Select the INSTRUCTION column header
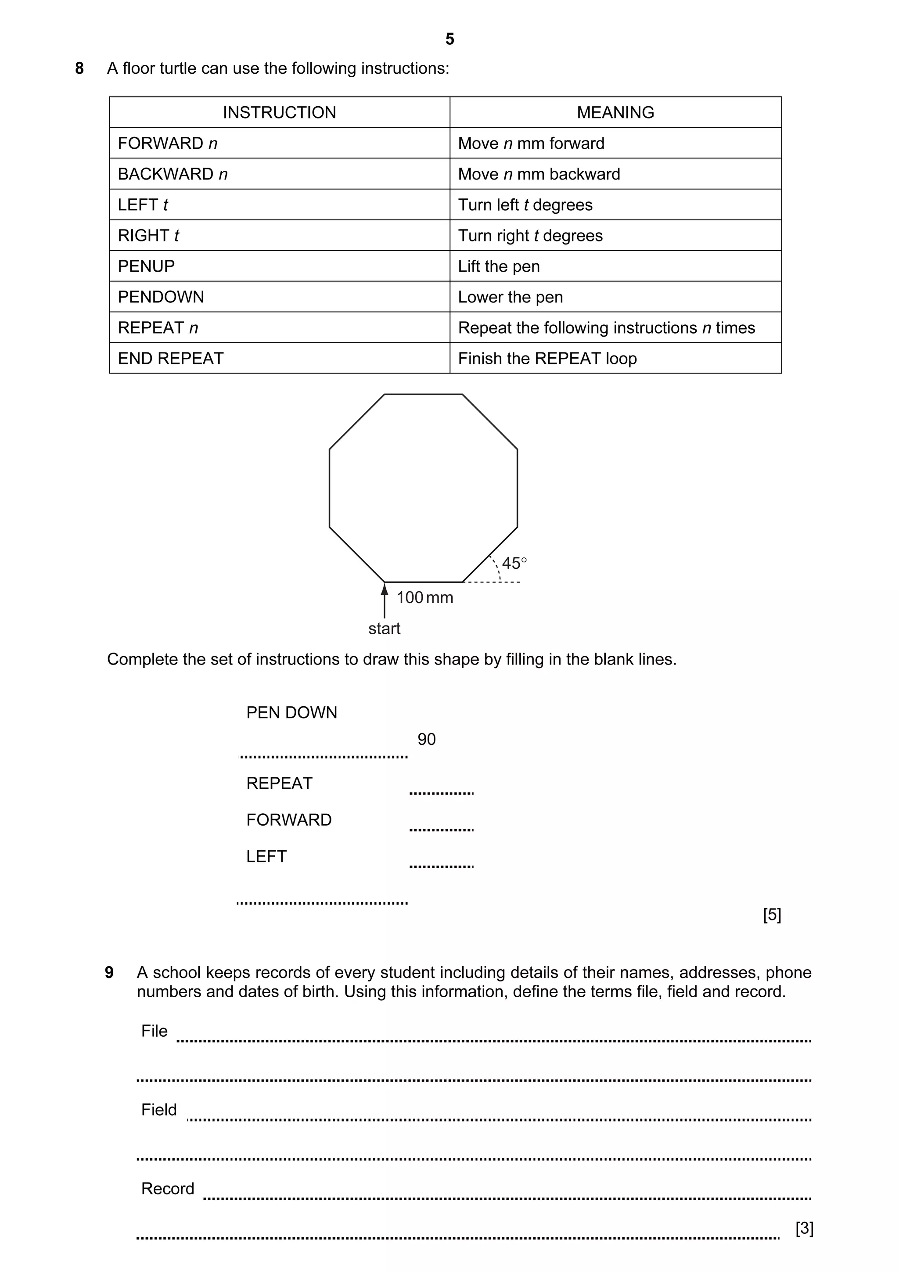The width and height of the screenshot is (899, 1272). click(x=279, y=112)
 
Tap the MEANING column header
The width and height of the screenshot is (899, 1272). click(x=615, y=112)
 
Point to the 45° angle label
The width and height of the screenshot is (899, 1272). click(x=514, y=564)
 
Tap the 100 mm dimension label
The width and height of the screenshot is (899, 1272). click(x=424, y=597)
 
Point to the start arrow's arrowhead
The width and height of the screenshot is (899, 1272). click(x=385, y=588)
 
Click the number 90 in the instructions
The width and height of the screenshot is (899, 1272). click(x=427, y=739)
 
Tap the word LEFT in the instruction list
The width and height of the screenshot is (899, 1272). click(x=266, y=856)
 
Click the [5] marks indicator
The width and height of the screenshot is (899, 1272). click(x=772, y=914)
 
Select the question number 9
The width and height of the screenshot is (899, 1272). click(x=109, y=972)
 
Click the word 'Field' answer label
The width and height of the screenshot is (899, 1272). click(x=159, y=1110)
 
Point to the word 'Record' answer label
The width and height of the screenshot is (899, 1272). click(x=168, y=1188)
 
